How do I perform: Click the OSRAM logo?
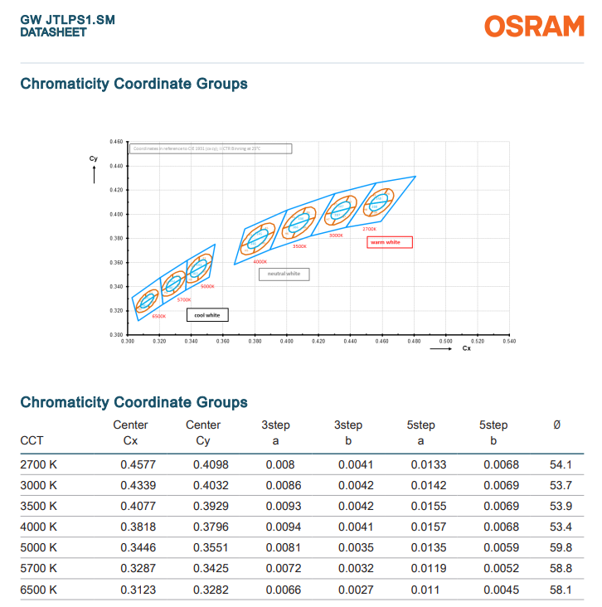click(534, 26)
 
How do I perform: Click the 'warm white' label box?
click(390, 242)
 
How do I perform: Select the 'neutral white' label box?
click(284, 274)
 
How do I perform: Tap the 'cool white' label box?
click(207, 315)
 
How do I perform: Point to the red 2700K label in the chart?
click(369, 229)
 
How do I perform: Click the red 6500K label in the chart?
click(158, 316)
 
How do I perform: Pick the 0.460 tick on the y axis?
click(117, 143)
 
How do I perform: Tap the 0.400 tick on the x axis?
click(287, 341)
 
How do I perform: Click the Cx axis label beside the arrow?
click(466, 348)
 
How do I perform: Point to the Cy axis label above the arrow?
click(93, 158)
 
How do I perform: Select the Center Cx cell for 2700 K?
click(135, 464)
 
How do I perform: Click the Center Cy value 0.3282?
click(208, 590)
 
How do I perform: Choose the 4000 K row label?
click(38, 527)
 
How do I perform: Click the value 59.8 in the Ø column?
click(561, 547)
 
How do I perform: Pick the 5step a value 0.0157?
click(426, 527)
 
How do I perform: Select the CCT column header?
click(32, 440)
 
